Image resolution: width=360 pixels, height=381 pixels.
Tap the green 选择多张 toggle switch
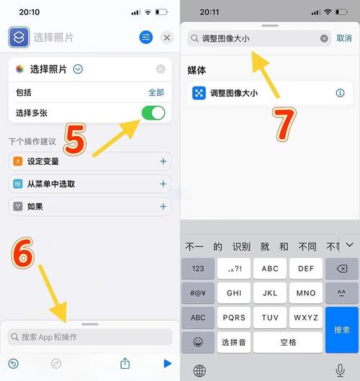[153, 113]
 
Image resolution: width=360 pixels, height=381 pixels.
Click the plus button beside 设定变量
[163, 161]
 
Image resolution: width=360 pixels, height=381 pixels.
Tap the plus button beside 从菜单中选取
[163, 184]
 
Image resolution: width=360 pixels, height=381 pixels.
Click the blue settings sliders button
[146, 37]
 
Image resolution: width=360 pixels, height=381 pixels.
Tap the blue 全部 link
[156, 92]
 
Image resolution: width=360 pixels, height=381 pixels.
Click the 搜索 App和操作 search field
[90, 337]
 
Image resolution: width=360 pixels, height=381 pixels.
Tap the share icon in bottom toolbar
[125, 364]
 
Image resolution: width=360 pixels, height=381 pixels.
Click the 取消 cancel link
[344, 38]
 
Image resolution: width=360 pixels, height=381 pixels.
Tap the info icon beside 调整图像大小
[340, 93]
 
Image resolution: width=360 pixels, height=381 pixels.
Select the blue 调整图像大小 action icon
[199, 93]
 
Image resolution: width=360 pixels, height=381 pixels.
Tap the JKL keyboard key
[270, 293]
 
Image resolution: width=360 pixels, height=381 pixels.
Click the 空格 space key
[288, 342]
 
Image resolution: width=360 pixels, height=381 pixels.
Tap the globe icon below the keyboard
[199, 371]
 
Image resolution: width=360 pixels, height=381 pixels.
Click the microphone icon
[340, 370]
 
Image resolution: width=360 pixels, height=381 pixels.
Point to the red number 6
[22, 253]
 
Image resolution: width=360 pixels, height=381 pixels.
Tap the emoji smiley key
[198, 342]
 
